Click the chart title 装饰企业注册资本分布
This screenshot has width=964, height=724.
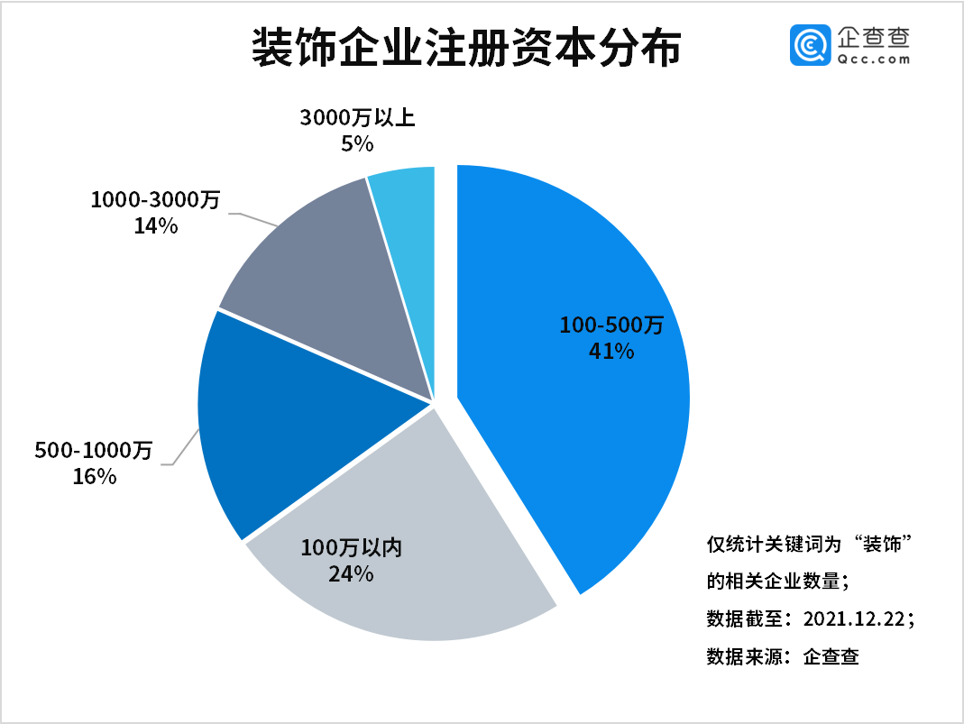tap(465, 48)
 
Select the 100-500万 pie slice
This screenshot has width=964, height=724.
tap(577, 424)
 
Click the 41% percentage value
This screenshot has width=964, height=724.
tap(611, 350)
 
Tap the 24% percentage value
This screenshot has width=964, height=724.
tap(351, 573)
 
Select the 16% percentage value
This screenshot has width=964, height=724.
tap(95, 476)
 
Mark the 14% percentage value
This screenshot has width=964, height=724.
tap(155, 225)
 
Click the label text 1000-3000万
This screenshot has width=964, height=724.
tap(155, 200)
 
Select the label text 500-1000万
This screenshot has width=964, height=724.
tap(95, 450)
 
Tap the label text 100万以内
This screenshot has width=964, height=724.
tap(351, 546)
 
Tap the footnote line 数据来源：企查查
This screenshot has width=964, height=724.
tap(782, 656)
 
